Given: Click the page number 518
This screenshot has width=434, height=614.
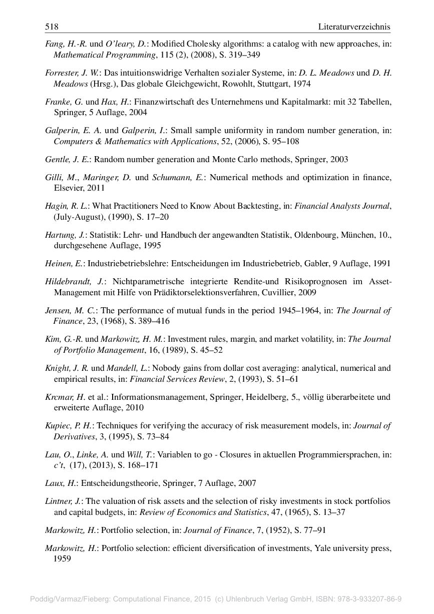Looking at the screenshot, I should click(x=52, y=27).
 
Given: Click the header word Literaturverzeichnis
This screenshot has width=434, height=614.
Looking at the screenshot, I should click(x=354, y=27).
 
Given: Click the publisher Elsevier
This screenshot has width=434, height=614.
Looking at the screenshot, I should click(x=68, y=188).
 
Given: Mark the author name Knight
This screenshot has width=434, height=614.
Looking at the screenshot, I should click(x=57, y=368).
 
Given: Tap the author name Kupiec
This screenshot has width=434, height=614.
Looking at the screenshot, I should click(x=57, y=426).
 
